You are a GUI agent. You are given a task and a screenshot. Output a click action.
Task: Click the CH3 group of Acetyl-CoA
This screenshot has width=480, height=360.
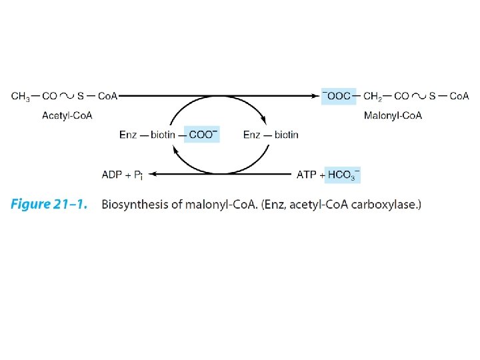click(21, 96)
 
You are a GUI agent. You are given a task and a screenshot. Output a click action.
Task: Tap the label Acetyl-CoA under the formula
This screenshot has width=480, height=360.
click(67, 115)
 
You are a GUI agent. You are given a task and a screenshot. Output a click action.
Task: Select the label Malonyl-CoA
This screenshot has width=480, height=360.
click(393, 115)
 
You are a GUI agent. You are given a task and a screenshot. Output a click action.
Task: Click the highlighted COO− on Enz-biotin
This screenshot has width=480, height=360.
click(203, 135)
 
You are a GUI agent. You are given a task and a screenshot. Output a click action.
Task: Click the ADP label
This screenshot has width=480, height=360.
click(112, 175)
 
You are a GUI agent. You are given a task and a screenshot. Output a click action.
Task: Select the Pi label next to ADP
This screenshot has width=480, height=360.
click(139, 175)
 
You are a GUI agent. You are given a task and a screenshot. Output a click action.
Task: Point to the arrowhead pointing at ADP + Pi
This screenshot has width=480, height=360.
click(152, 175)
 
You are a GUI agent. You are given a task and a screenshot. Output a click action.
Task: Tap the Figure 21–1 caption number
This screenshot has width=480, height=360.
click(49, 205)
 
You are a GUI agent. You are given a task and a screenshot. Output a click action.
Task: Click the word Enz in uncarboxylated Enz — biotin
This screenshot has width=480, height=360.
click(253, 135)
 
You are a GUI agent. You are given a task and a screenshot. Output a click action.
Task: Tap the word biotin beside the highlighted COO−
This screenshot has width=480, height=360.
click(162, 135)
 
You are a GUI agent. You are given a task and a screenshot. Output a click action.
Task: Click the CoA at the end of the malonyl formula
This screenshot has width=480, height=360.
click(459, 96)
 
